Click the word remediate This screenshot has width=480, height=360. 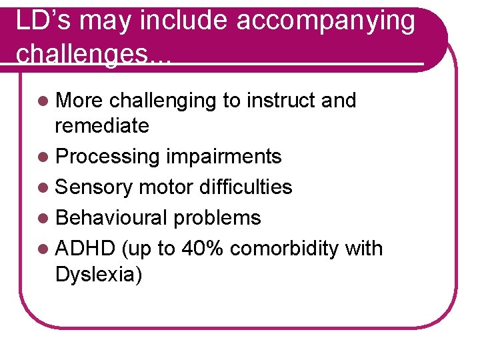[102, 125]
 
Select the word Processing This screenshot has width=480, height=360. [107, 157]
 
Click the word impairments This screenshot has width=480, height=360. [223, 157]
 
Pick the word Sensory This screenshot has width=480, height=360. [95, 187]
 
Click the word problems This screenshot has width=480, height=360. [217, 218]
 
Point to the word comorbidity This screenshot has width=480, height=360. [287, 249]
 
